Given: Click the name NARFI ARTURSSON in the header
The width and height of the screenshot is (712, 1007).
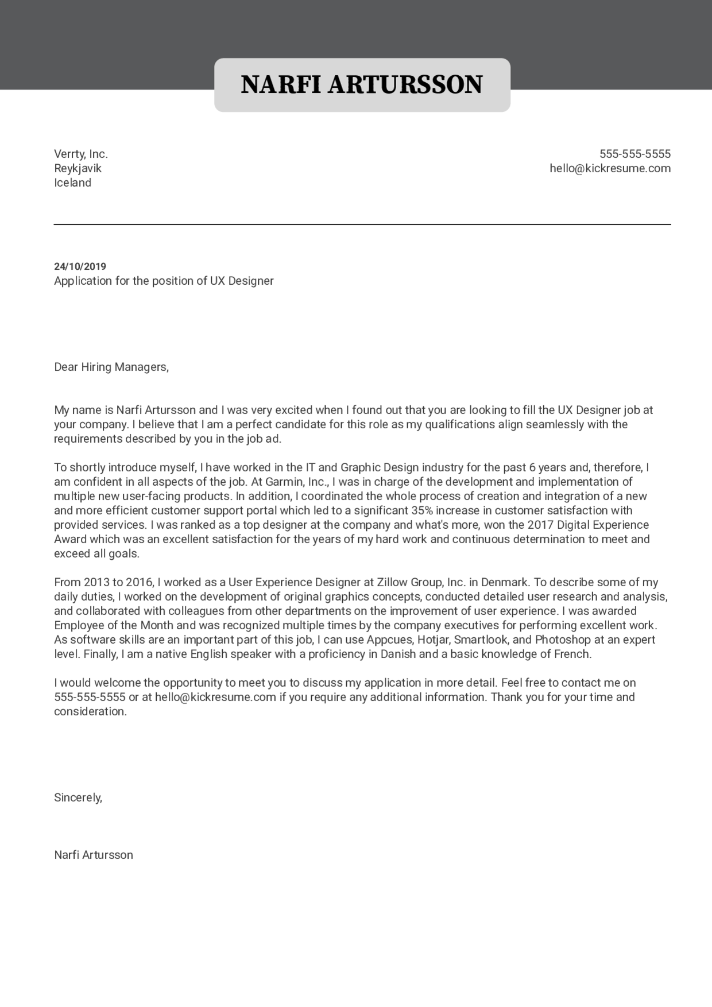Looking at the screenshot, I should (362, 84).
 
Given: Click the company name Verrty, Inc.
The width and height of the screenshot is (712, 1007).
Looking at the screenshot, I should (81, 154).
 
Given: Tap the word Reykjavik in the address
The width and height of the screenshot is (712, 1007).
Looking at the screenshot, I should (78, 168).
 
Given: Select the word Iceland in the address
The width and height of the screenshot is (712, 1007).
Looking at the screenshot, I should (72, 183).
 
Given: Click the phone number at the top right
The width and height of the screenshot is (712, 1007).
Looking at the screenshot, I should (635, 154).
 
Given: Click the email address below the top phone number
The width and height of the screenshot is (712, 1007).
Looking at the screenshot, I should (610, 168).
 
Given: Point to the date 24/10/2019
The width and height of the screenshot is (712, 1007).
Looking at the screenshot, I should (80, 266).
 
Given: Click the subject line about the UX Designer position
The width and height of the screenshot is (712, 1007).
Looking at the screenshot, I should (164, 281).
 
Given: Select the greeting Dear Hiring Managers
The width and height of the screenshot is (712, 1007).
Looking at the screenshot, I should (111, 367).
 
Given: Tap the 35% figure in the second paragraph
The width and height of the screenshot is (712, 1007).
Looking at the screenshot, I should (422, 510).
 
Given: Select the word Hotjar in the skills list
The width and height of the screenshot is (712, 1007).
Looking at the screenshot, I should (433, 640).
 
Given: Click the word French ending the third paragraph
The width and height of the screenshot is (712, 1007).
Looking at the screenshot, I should (572, 654).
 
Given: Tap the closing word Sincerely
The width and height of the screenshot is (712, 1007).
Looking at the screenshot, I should (78, 797).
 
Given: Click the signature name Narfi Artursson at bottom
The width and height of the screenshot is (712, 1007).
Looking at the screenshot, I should (94, 855).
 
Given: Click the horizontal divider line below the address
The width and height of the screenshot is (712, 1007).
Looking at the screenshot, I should (362, 224).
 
